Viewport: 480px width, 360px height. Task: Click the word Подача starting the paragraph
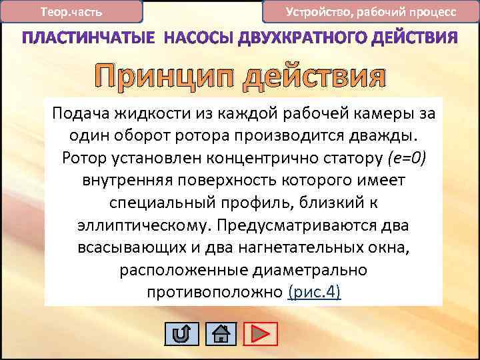click(76, 113)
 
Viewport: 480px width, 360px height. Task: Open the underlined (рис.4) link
click(315, 293)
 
